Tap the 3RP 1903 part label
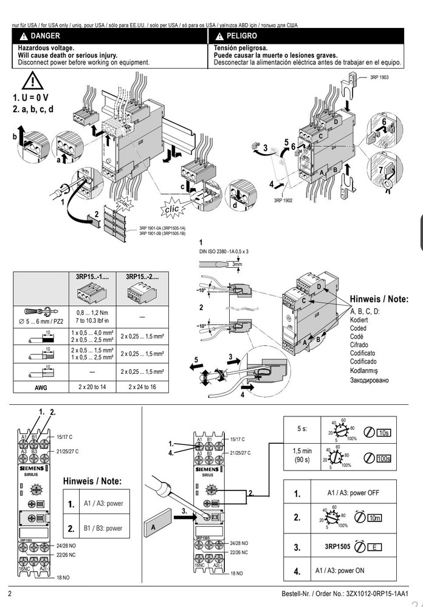(x=379, y=78)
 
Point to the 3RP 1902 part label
(x=283, y=200)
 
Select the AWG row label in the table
(x=40, y=386)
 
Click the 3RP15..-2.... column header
(x=142, y=276)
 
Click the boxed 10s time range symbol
(x=383, y=432)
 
